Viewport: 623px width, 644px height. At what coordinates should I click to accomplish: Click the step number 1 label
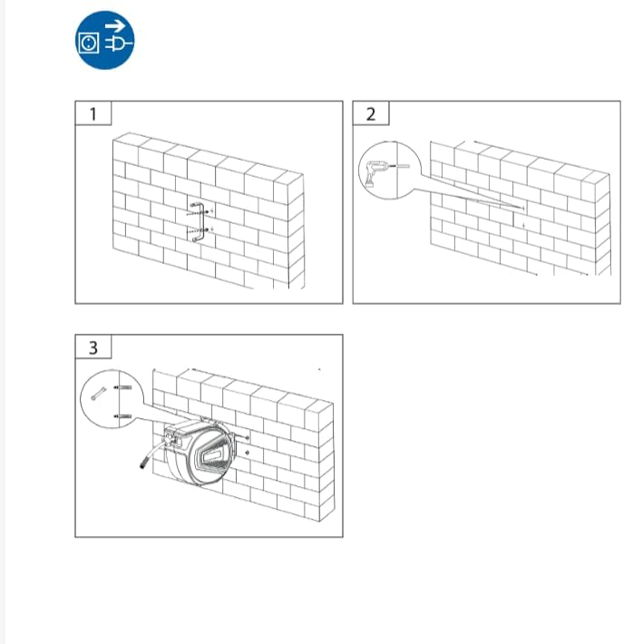pos(93,114)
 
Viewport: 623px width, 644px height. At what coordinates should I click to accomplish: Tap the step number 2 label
pos(371,114)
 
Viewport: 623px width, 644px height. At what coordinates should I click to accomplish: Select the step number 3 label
pos(93,348)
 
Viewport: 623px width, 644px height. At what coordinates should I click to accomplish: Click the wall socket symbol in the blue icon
pos(89,43)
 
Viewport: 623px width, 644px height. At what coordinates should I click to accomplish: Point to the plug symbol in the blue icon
pos(119,44)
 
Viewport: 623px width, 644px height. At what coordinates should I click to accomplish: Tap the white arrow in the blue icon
pos(115,26)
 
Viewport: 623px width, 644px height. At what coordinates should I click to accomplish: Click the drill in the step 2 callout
pos(375,172)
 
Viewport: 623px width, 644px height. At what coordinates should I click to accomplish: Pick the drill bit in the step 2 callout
pos(400,166)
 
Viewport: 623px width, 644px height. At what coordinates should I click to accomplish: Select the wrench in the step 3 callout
pos(99,394)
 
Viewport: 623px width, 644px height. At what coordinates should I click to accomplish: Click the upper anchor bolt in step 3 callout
pos(122,387)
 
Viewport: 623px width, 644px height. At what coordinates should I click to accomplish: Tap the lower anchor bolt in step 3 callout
pos(122,416)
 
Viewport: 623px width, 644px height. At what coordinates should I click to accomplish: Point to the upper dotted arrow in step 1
pos(198,213)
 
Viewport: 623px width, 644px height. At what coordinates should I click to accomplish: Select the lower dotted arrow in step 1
pos(198,230)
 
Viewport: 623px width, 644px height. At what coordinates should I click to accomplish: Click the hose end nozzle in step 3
pos(144,465)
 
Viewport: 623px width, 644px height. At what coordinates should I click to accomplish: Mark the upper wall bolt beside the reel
pos(244,438)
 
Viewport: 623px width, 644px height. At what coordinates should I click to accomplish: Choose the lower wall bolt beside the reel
pos(247,453)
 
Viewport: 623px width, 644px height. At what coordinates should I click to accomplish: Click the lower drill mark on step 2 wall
pos(523,226)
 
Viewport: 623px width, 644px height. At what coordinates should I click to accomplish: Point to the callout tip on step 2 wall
pos(523,209)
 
